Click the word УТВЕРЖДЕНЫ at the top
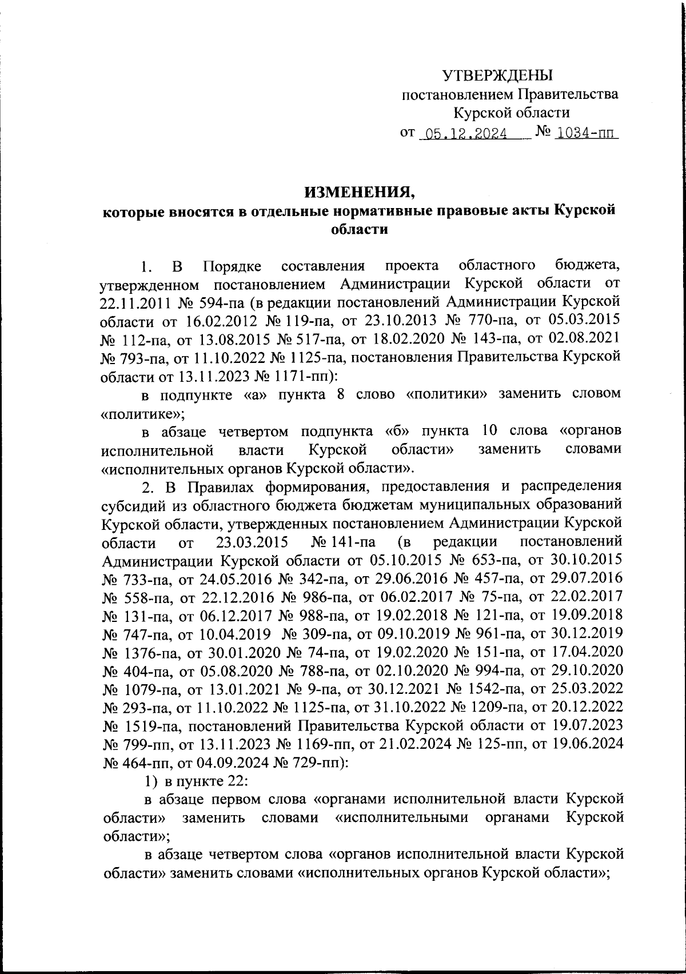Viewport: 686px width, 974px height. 498,75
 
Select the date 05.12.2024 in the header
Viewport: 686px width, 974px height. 463,134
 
